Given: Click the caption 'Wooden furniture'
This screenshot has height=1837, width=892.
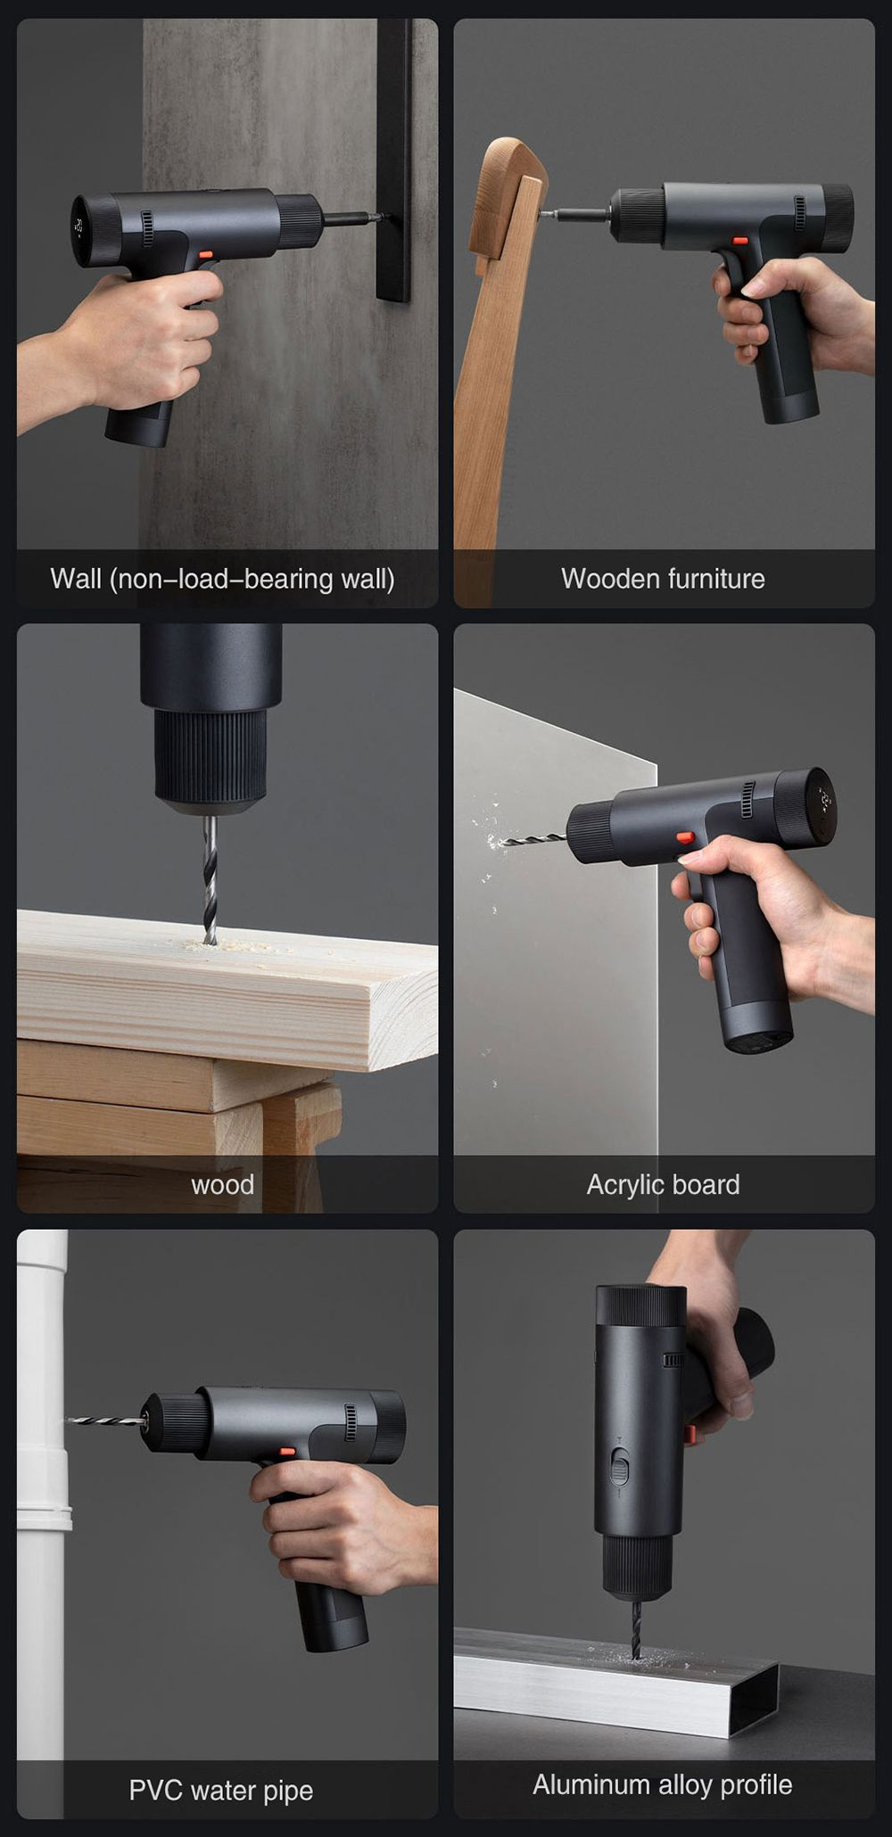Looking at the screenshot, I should (663, 579).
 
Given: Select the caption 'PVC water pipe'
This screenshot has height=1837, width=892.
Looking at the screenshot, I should (220, 1791).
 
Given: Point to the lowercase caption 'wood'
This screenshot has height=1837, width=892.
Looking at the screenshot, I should (222, 1185).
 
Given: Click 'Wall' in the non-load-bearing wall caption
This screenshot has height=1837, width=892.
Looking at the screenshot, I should (76, 579).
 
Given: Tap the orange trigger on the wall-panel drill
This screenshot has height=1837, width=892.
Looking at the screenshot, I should (206, 254).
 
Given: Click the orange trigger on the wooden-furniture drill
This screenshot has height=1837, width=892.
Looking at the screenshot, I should (739, 240).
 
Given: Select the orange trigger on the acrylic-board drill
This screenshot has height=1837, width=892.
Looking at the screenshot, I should (685, 837).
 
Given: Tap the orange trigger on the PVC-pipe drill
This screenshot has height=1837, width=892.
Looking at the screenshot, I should (287, 1453).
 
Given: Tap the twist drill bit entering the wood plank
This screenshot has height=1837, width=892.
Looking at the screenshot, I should (210, 878).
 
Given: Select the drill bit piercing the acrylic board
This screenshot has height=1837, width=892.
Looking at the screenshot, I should (532, 838).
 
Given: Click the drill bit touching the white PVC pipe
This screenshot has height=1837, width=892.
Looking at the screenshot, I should (105, 1420).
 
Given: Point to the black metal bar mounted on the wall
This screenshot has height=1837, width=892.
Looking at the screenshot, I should (393, 161).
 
